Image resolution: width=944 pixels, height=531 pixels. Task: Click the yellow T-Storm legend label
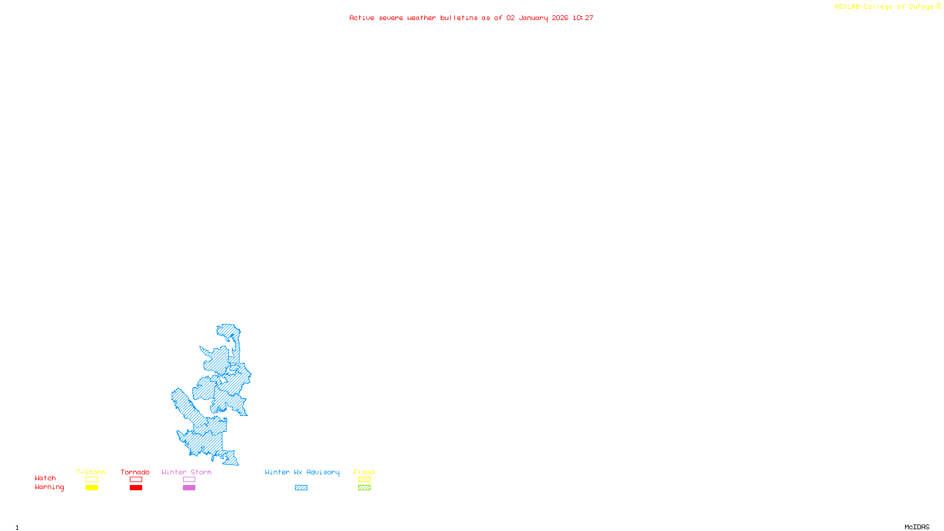[91, 472]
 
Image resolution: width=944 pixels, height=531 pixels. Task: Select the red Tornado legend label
[135, 472]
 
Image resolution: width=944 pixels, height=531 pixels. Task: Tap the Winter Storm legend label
[186, 472]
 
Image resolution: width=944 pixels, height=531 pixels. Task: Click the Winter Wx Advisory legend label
[302, 472]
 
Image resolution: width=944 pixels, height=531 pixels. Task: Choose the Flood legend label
[364, 472]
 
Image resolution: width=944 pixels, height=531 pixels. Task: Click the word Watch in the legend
[45, 478]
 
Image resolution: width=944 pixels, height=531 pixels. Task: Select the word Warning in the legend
[50, 487]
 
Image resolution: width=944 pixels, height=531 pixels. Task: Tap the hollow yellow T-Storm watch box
[91, 480]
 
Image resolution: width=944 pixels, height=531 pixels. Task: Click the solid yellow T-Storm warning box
[91, 488]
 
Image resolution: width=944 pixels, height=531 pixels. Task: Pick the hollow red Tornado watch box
[136, 480]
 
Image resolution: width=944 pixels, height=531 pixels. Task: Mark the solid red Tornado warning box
[136, 488]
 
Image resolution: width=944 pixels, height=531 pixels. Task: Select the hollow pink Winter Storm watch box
[189, 480]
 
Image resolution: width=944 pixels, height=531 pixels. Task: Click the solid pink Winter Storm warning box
[189, 488]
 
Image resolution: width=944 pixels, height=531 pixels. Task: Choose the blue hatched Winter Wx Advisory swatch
[301, 488]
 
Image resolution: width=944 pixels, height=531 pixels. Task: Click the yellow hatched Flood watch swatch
[364, 480]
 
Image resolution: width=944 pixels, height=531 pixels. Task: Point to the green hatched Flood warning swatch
[364, 488]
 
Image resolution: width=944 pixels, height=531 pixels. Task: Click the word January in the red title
[533, 18]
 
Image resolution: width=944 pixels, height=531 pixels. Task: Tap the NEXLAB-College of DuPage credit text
[884, 7]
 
